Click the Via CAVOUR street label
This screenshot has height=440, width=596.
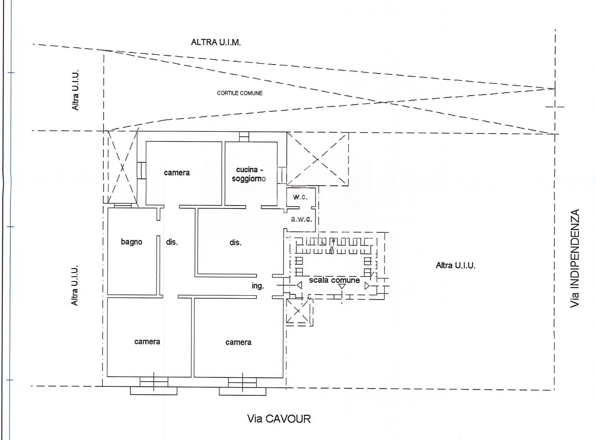tap(279, 419)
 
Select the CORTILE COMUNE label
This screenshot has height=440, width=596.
tap(240, 93)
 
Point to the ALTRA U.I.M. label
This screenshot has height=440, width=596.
tap(216, 42)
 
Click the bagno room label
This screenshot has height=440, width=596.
tap(131, 242)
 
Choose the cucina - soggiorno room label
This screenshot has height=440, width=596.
tap(249, 174)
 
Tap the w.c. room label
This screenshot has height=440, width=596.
tap(300, 197)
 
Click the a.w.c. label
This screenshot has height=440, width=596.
tap(301, 219)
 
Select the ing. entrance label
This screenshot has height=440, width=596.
tap(258, 286)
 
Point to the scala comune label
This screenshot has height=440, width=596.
tap(334, 280)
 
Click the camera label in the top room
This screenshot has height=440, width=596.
tap(177, 173)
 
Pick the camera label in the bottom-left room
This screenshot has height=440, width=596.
tap(147, 342)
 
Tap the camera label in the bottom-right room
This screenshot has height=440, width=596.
tap(239, 342)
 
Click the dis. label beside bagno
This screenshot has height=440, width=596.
tap(172, 242)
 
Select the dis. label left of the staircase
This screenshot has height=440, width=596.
tap(236, 242)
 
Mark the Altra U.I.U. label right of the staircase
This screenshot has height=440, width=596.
tap(456, 265)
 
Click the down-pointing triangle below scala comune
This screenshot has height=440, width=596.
tap(342, 286)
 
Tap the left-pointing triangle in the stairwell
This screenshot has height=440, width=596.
tap(299, 285)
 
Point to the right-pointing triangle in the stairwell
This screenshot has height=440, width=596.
tap(367, 285)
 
